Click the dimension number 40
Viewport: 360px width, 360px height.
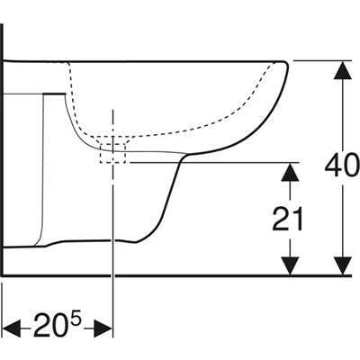[342, 165]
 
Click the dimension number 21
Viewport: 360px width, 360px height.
[287, 219]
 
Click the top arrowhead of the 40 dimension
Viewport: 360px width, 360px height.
[343, 71]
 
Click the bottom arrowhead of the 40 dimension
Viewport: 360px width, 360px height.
[343, 265]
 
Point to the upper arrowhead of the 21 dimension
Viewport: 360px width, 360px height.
[290, 172]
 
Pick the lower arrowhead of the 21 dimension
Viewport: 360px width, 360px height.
[290, 265]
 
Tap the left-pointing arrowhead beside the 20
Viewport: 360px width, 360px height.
[12, 328]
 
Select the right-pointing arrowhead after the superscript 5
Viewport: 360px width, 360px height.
[103, 328]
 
